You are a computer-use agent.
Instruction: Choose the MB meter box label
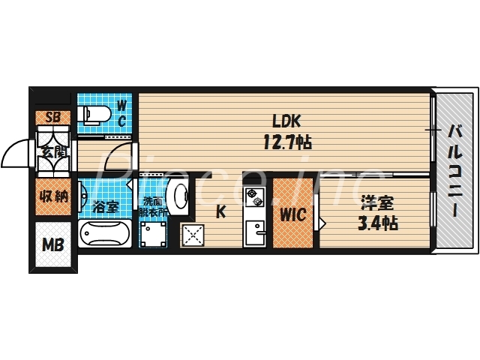coord(52,244)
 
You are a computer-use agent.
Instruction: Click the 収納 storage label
coord(52,196)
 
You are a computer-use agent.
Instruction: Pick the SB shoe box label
coord(52,117)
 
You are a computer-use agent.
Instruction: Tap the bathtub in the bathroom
coord(105,235)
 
